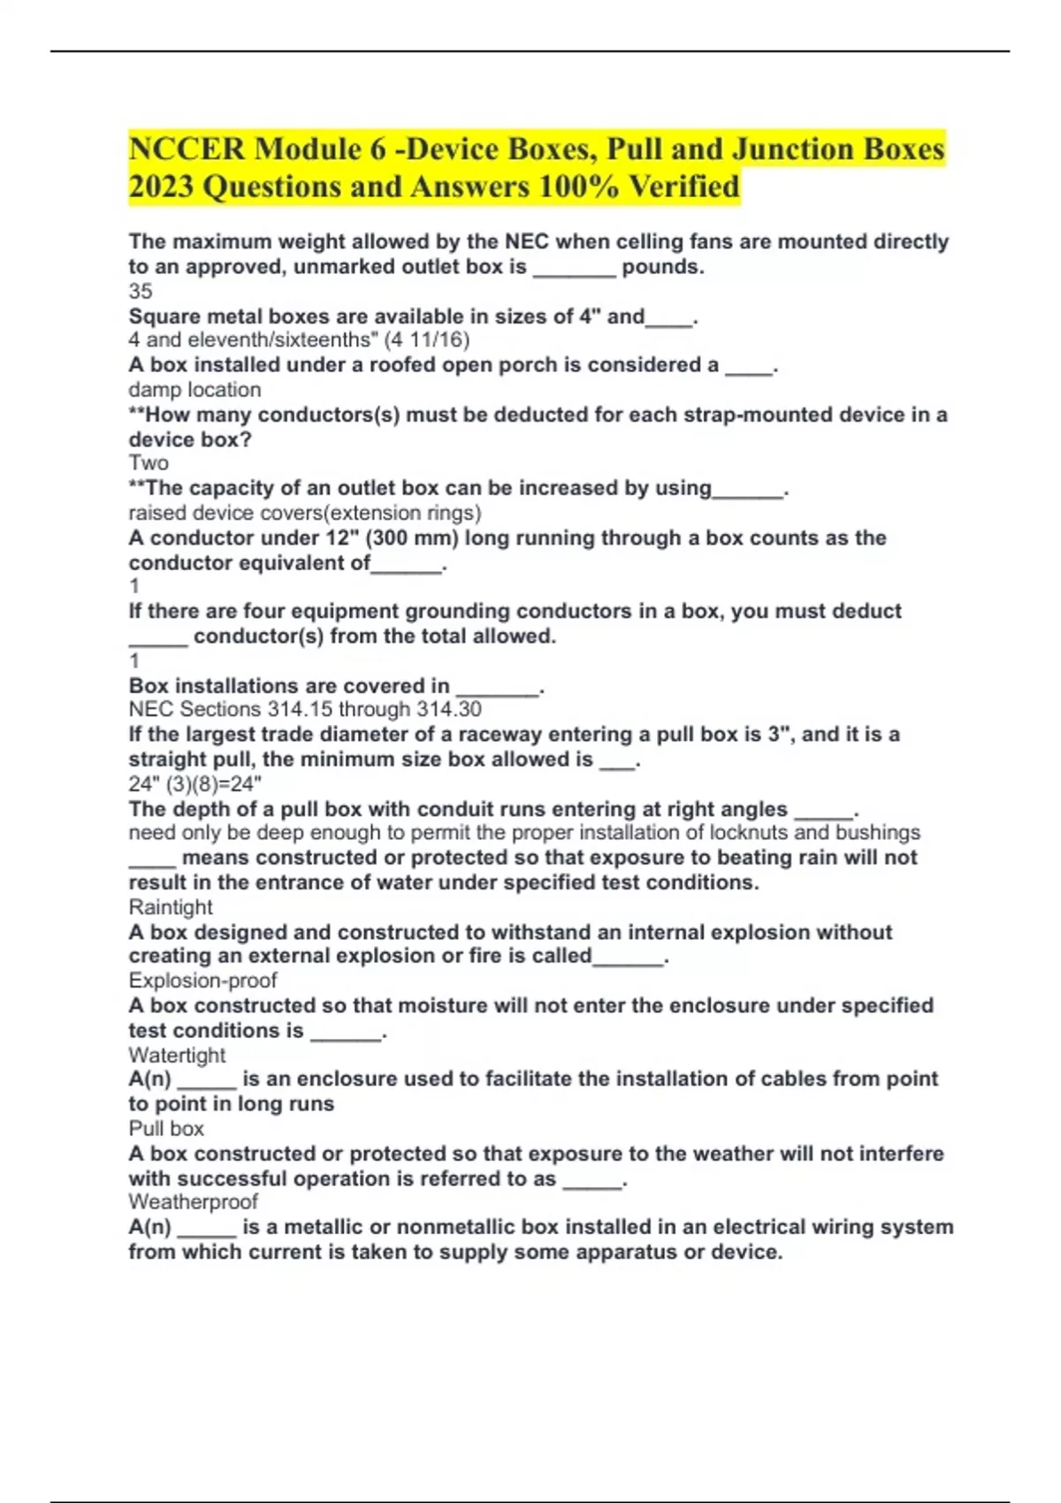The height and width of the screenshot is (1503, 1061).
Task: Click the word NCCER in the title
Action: tap(186, 149)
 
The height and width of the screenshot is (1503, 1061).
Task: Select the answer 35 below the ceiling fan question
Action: tap(141, 291)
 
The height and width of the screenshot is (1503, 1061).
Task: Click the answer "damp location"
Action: tap(195, 390)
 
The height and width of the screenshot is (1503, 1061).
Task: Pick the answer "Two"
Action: tap(149, 463)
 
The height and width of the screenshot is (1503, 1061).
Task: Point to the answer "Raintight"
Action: tap(171, 907)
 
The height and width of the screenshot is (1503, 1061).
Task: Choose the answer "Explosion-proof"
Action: tap(202, 980)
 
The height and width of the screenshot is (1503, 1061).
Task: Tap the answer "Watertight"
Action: tap(177, 1055)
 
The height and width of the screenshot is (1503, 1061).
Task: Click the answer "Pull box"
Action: tap(166, 1129)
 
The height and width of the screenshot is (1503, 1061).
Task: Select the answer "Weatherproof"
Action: tap(193, 1202)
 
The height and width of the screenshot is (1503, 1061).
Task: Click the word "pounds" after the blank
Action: tap(662, 267)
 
